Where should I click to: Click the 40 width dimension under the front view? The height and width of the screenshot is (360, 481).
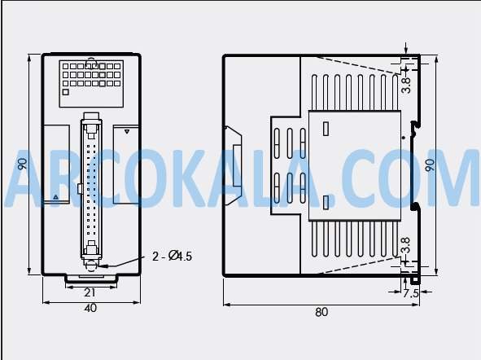tap(90, 308)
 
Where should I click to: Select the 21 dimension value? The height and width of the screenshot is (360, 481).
tap(90, 292)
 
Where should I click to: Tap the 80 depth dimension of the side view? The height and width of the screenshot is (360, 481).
tap(321, 311)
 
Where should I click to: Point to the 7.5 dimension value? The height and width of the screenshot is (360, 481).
tap(411, 293)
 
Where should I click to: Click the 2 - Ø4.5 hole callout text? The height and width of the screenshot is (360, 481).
tap(172, 257)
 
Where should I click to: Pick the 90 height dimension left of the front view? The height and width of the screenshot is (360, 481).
tap(22, 165)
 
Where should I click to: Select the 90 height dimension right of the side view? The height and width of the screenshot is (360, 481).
tap(430, 165)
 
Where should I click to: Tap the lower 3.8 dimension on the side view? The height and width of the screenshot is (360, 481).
tap(405, 244)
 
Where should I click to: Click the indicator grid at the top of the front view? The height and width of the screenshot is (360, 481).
tap(90, 74)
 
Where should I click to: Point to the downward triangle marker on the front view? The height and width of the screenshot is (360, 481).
tap(127, 130)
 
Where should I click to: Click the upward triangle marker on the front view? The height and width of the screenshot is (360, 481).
tap(55, 197)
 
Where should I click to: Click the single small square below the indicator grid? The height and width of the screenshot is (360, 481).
tap(64, 93)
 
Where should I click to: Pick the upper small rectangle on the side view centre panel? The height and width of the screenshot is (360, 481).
tap(326, 128)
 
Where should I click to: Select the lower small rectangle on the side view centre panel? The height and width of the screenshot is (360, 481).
tap(326, 202)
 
